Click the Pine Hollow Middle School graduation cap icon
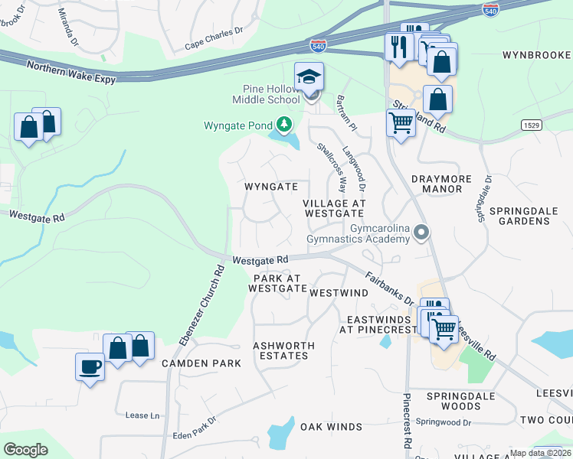pos(309,77)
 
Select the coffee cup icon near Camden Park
pos(90,367)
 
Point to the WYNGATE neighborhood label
pos(270,187)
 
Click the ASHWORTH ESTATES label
pos(283,350)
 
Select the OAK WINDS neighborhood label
pos(331,426)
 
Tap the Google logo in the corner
pos(25,450)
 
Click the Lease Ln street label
pos(142,415)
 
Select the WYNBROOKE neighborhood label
pos(536,55)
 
